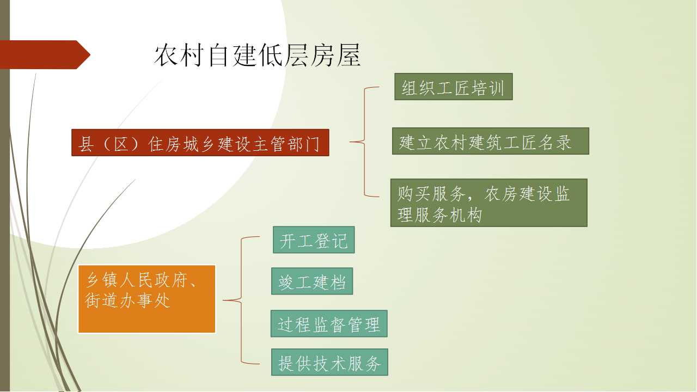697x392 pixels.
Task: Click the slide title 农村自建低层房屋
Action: (x=258, y=55)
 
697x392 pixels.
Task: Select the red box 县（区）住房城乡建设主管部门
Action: (x=200, y=143)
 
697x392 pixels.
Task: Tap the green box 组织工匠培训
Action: (x=454, y=87)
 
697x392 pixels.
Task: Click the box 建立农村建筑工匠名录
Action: (x=491, y=141)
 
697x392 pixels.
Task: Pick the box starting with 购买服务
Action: (x=489, y=203)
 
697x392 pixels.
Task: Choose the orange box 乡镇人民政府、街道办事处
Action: (x=146, y=299)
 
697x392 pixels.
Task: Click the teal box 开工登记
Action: (x=314, y=240)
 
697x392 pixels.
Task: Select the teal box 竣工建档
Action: (x=312, y=281)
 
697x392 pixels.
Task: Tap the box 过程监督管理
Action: (x=329, y=323)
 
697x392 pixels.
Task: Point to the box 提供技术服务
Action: (x=329, y=362)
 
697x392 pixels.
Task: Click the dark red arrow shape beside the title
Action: (x=45, y=55)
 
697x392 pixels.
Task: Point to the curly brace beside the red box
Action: (x=364, y=142)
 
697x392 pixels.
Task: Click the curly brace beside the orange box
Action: (x=241, y=300)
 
